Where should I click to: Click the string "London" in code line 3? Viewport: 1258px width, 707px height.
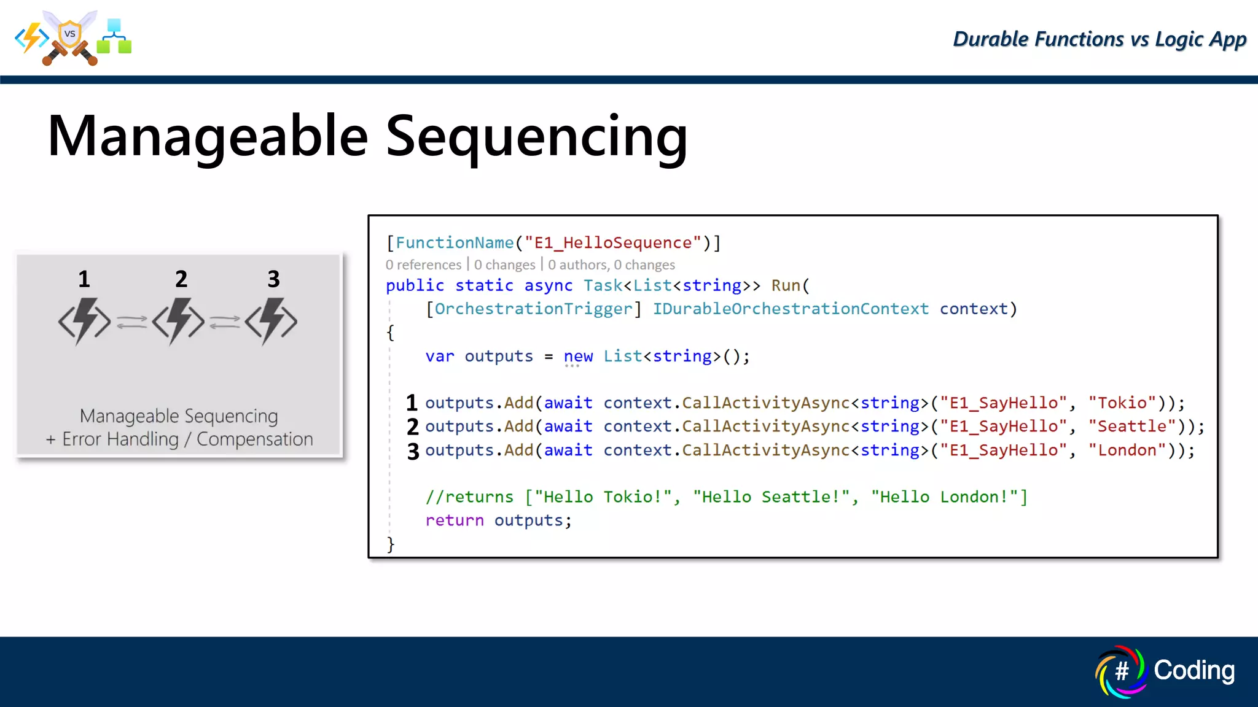point(1127,450)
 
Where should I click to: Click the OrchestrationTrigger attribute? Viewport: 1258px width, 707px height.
point(533,309)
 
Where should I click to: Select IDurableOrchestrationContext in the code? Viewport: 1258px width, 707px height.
point(790,309)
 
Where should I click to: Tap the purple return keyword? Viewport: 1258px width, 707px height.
point(455,520)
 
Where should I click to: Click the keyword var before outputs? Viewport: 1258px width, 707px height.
point(440,357)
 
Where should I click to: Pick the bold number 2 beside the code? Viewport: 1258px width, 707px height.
point(413,427)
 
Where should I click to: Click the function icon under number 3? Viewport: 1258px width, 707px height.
point(272,321)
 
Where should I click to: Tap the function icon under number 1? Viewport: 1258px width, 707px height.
point(85,321)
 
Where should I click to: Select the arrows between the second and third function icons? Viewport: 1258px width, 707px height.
point(224,322)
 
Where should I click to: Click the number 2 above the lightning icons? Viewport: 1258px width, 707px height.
point(181,279)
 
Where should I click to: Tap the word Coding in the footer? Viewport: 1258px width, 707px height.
point(1194,670)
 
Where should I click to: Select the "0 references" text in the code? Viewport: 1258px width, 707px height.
point(423,265)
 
